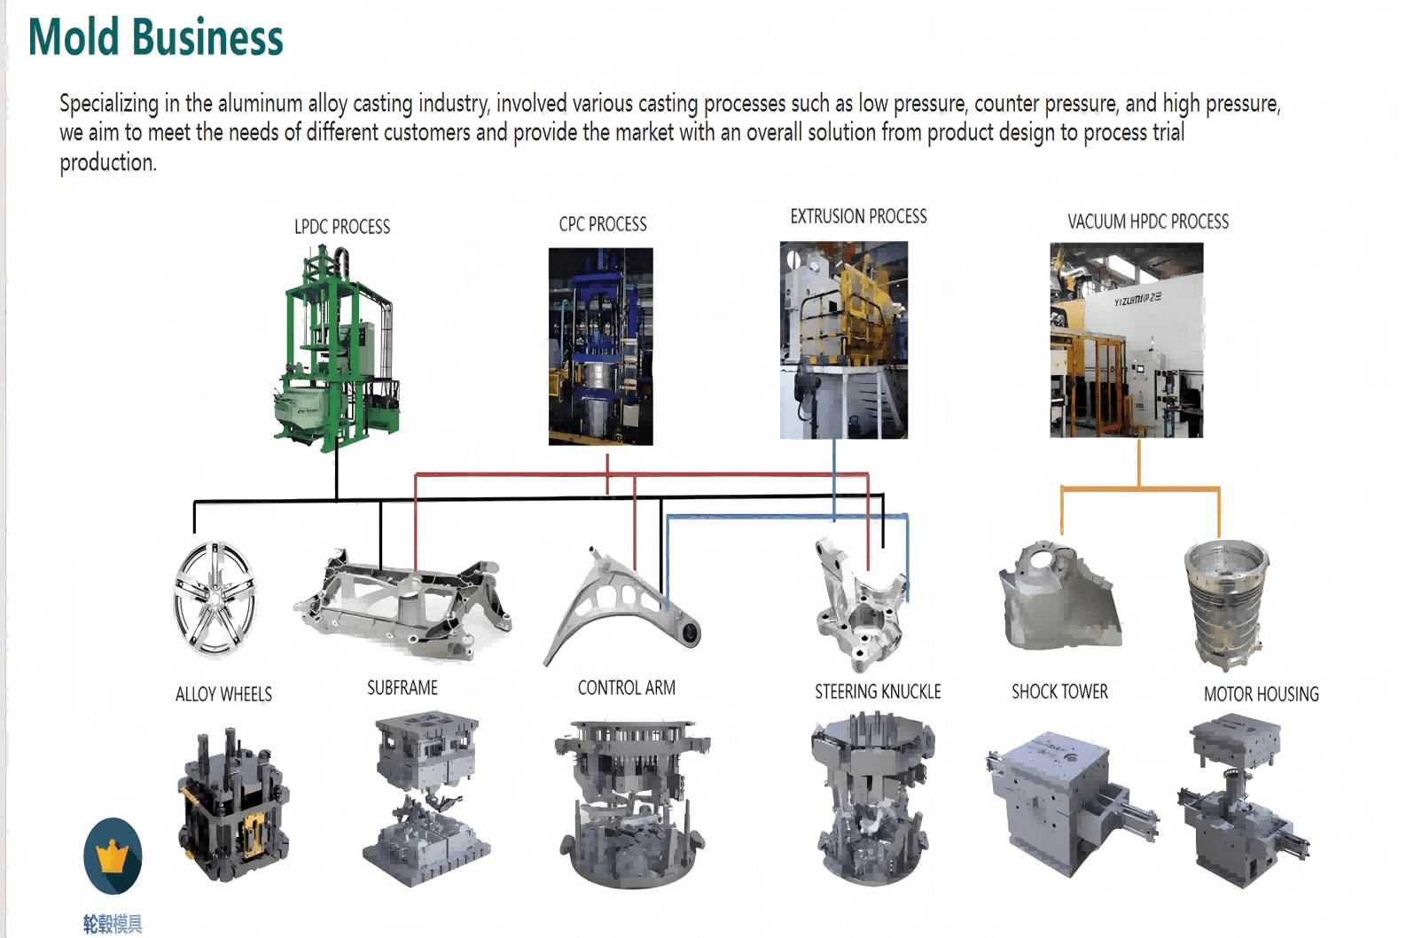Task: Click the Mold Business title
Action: tap(156, 37)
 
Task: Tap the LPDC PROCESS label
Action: tap(342, 227)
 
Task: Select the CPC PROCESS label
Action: tap(603, 224)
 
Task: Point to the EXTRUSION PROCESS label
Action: tap(858, 216)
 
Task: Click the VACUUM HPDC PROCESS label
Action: tap(1148, 222)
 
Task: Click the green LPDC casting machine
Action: tap(337, 349)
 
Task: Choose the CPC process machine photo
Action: tap(601, 347)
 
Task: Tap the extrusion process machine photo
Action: tap(844, 340)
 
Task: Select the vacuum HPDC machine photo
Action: tap(1127, 340)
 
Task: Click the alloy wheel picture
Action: tap(215, 599)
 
